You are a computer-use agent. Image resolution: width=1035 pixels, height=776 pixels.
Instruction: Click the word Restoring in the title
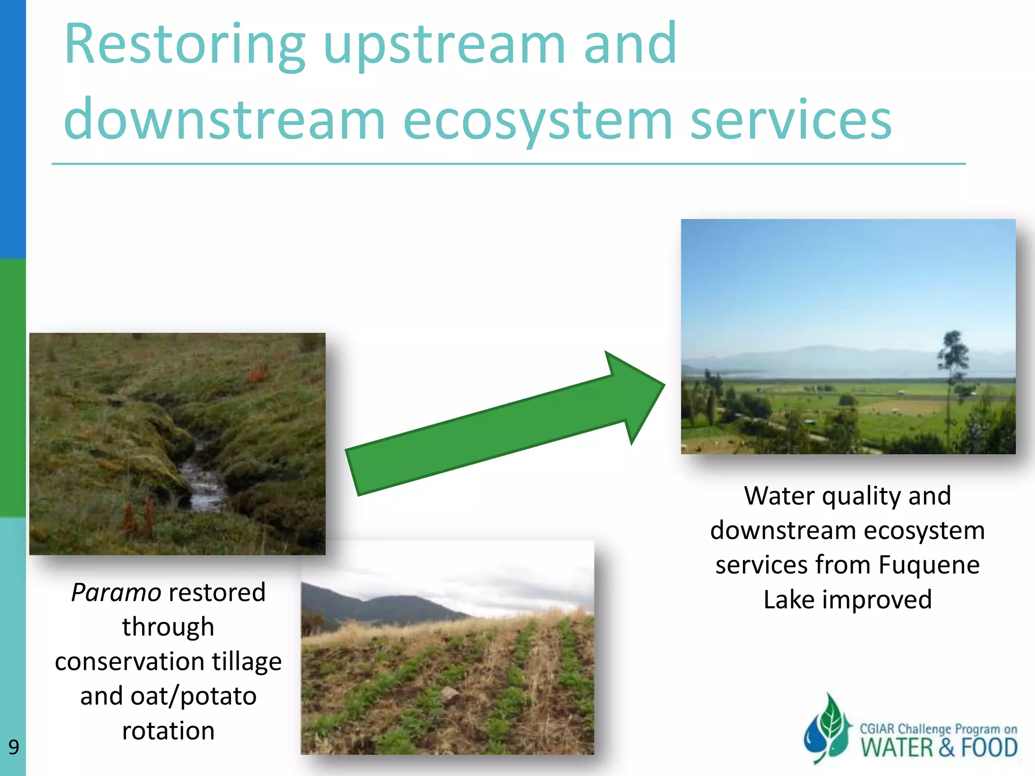click(x=185, y=45)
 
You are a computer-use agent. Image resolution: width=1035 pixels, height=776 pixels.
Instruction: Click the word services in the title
click(x=790, y=120)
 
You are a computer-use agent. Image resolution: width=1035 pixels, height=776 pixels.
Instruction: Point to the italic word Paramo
click(x=116, y=593)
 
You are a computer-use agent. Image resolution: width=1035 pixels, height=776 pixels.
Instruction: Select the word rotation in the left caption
click(x=168, y=731)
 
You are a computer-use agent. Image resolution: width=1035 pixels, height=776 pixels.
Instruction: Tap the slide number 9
click(x=14, y=747)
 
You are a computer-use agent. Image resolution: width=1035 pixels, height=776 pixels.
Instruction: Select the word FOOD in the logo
click(x=989, y=748)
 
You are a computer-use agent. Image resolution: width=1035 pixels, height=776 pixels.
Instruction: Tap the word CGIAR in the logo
click(x=877, y=729)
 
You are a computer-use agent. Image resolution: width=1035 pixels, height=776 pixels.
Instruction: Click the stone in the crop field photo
click(x=450, y=696)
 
